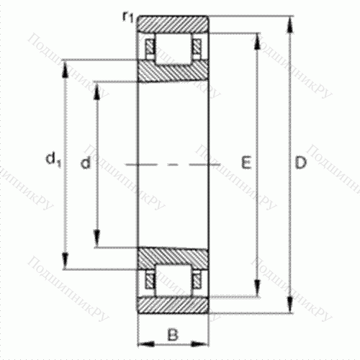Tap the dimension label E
pyautogui.click(x=246, y=165)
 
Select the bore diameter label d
pyautogui.click(x=86, y=165)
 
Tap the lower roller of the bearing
pyautogui.click(x=174, y=280)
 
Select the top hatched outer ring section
pyautogui.click(x=174, y=22)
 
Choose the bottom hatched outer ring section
pyautogui.click(x=174, y=305)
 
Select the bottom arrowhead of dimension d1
pyautogui.click(x=66, y=264)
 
